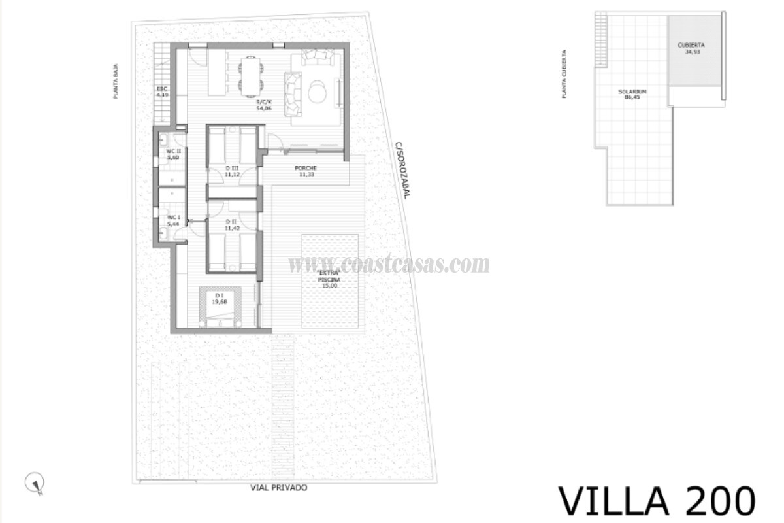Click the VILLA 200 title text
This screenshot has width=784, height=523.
point(657,500)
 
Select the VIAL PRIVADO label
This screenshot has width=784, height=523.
point(278,488)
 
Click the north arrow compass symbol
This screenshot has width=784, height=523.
point(33,483)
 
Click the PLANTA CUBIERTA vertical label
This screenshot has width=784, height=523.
point(563,75)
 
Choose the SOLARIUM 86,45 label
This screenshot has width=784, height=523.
point(632,94)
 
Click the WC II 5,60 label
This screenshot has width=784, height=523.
point(172,155)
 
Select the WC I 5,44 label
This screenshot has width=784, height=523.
point(173,220)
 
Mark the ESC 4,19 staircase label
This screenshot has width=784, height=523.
point(162,92)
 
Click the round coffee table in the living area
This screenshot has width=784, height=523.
point(318,91)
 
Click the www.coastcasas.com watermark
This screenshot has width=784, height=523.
point(389,264)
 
